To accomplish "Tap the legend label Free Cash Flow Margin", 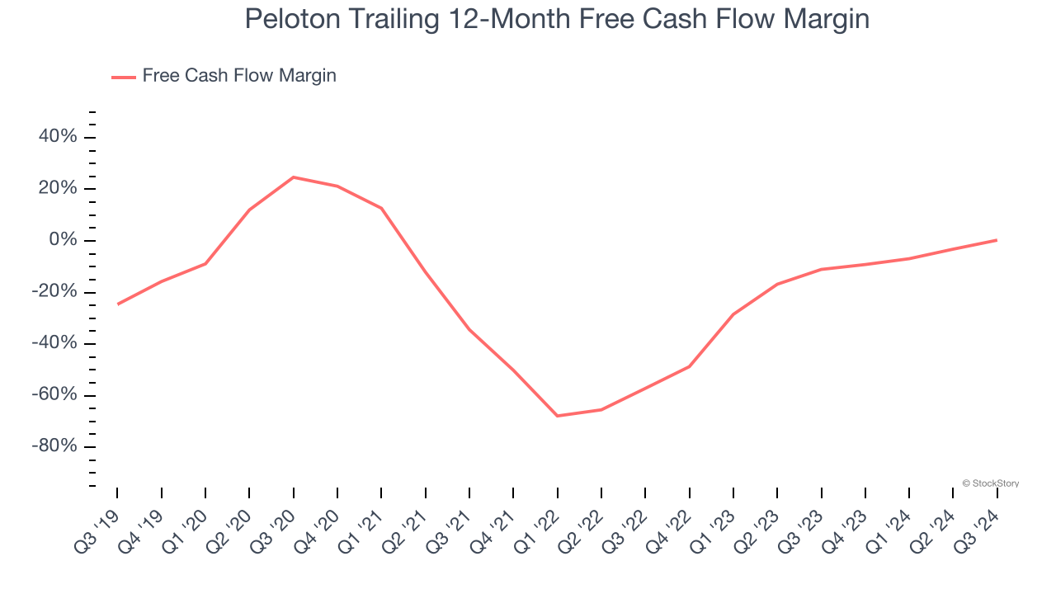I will point(239,76).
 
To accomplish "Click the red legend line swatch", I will point(124,77).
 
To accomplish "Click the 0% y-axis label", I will point(63,240).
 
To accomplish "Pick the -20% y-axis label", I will point(54,292).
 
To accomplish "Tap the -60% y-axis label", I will point(54,395).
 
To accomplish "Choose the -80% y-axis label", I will point(54,446).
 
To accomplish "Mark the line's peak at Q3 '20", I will point(293,177).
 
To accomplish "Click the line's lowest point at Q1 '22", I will point(558,416).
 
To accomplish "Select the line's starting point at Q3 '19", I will point(117,304).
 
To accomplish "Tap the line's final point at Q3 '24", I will point(997,240).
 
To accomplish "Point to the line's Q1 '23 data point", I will point(733,314).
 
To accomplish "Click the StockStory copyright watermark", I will point(990,483).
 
